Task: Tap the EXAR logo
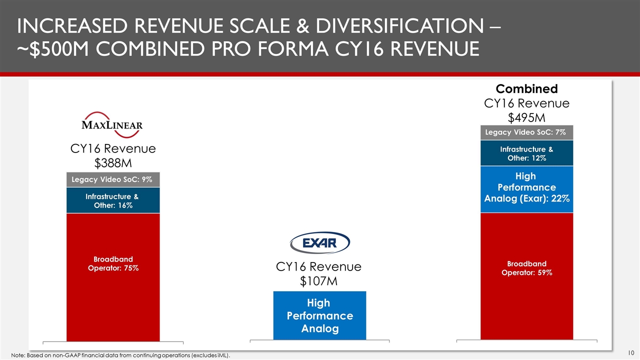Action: pyautogui.click(x=320, y=243)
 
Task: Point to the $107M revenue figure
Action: pyautogui.click(x=319, y=281)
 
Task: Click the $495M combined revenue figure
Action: pyautogui.click(x=526, y=117)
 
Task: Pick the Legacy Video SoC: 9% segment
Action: pyautogui.click(x=113, y=179)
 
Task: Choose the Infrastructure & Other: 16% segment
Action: pyautogui.click(x=113, y=200)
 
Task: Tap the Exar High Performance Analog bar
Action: pyautogui.click(x=319, y=315)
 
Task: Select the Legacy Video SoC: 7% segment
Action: pyautogui.click(x=526, y=132)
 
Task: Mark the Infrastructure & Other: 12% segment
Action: pyautogui.click(x=526, y=153)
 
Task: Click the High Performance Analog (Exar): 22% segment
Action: pyautogui.click(x=526, y=187)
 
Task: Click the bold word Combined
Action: pyautogui.click(x=526, y=89)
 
